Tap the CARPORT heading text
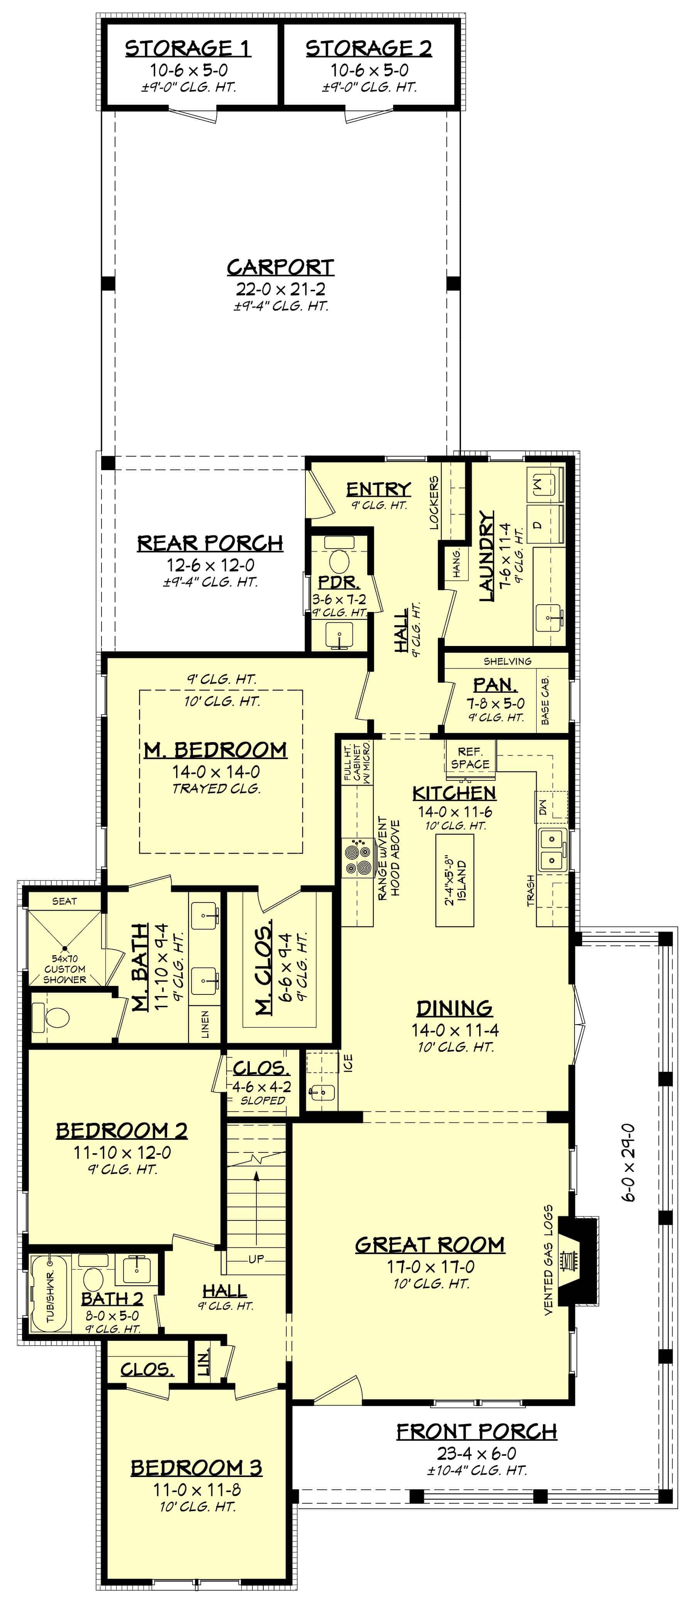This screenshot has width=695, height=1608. (x=280, y=267)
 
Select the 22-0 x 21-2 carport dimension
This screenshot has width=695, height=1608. (x=280, y=289)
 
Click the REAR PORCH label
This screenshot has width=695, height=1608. (x=210, y=543)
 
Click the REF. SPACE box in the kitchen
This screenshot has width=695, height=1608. (x=470, y=758)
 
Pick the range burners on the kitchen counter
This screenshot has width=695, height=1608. (x=357, y=858)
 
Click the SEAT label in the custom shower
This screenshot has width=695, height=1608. (x=64, y=901)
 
